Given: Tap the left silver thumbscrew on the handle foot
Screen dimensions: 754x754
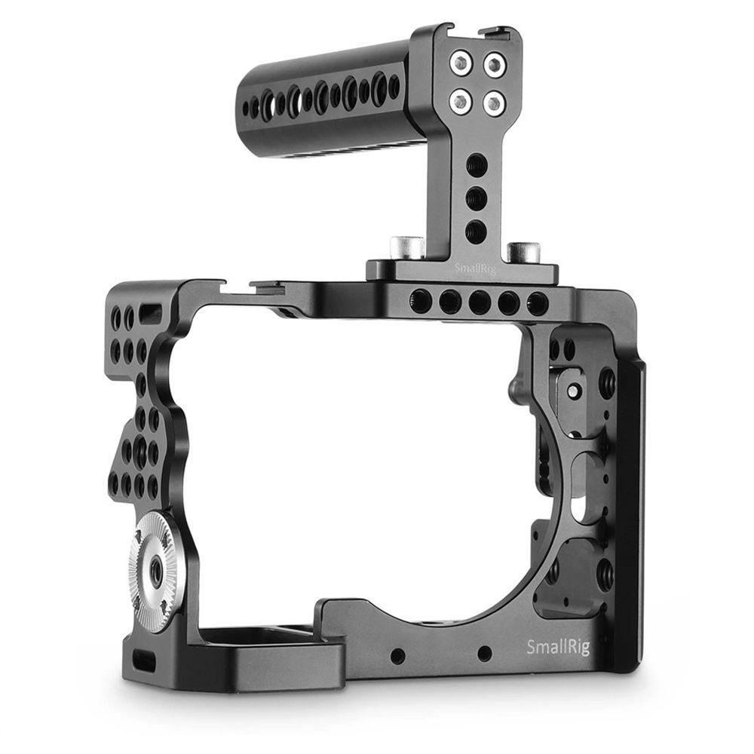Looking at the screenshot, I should click(405, 246).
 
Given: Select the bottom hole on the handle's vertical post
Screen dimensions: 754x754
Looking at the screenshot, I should click(475, 231).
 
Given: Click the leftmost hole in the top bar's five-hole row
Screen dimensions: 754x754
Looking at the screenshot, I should click(420, 301).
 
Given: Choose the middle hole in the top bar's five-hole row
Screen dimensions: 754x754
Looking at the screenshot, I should click(479, 302).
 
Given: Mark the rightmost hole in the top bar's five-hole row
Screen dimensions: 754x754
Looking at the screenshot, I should click(537, 304).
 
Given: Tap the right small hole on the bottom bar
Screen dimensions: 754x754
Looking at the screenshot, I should click(484, 654).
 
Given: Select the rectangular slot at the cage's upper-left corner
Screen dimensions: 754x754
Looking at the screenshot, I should click(151, 313).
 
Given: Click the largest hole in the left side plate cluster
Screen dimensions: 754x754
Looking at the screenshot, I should click(139, 452).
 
